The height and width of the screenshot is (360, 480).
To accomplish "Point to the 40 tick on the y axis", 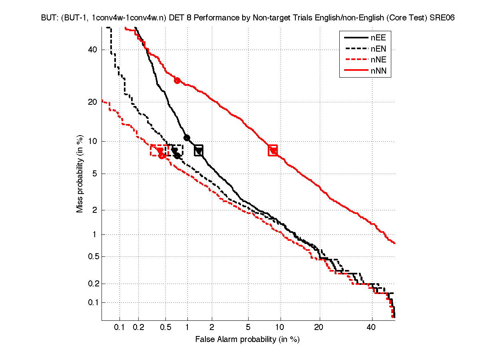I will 93,50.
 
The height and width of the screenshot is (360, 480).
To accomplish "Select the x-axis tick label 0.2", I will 139,328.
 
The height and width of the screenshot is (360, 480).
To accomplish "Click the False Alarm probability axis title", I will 247,340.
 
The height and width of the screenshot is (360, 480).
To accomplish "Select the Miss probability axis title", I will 80,174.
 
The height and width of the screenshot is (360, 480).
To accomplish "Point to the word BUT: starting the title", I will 49,18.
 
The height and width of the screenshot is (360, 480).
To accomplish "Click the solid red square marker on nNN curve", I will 273,150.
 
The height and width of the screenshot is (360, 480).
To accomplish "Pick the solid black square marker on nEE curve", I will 199,150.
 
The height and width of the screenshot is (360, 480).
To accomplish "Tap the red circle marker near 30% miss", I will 177,80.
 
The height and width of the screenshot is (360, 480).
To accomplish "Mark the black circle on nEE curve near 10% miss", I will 187,138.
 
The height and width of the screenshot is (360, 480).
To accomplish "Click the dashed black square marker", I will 175,150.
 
